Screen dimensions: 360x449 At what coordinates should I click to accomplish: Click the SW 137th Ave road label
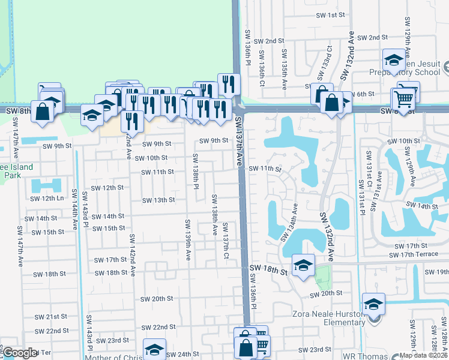[240, 138]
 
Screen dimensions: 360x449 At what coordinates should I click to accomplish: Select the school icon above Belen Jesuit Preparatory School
[394, 60]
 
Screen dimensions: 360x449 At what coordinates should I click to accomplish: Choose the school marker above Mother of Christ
[154, 350]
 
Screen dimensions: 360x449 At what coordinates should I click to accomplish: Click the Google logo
[20, 353]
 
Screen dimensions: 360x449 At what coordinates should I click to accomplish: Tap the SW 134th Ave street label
[289, 222]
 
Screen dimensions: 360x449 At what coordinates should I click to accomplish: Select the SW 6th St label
[362, 94]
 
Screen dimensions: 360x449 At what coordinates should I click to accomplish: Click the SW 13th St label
[158, 200]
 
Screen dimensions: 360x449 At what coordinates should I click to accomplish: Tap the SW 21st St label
[50, 317]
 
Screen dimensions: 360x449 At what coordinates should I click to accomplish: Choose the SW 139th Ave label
[188, 240]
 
